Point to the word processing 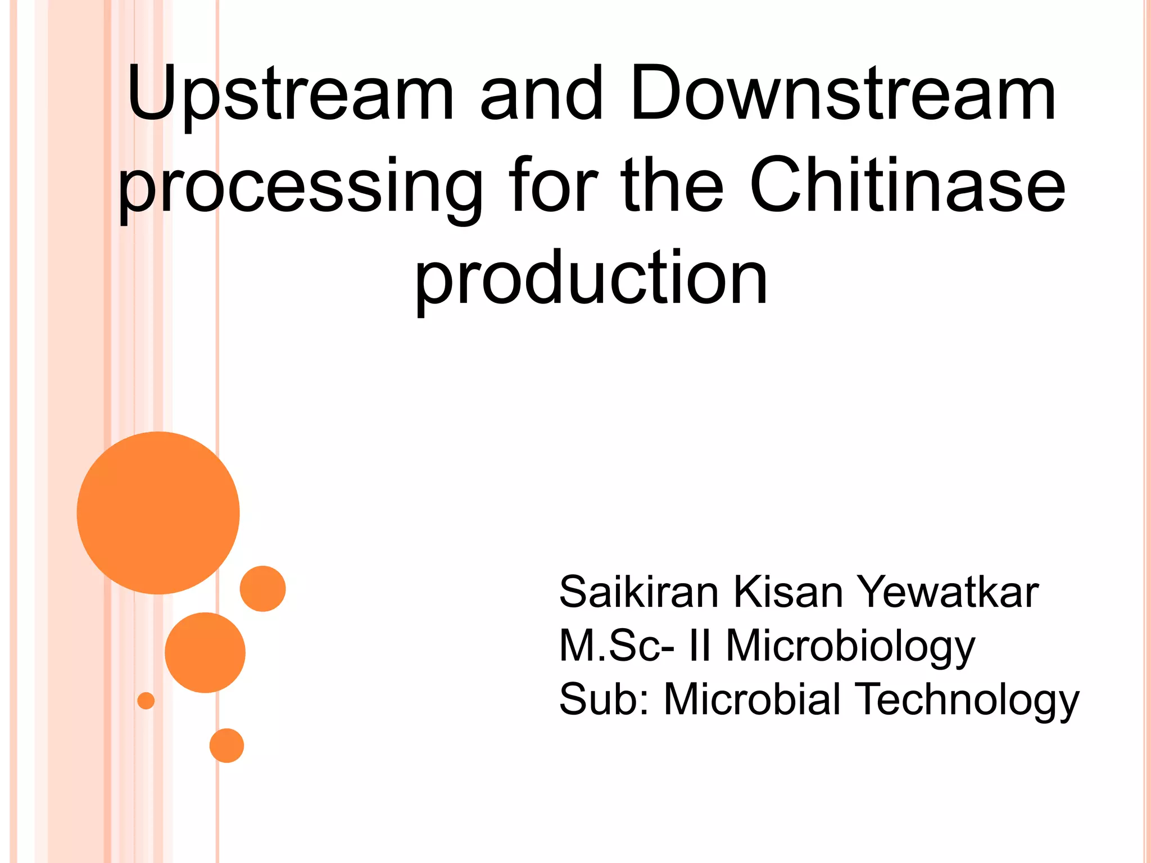tap(301, 188)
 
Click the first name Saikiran tap(639, 592)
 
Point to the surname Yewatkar tap(948, 592)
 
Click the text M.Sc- tap(617, 646)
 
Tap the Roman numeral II tap(700, 646)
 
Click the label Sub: tap(604, 700)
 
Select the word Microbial tap(753, 700)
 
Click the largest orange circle tap(158, 512)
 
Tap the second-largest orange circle tap(205, 652)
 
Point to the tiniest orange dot tap(146, 701)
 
